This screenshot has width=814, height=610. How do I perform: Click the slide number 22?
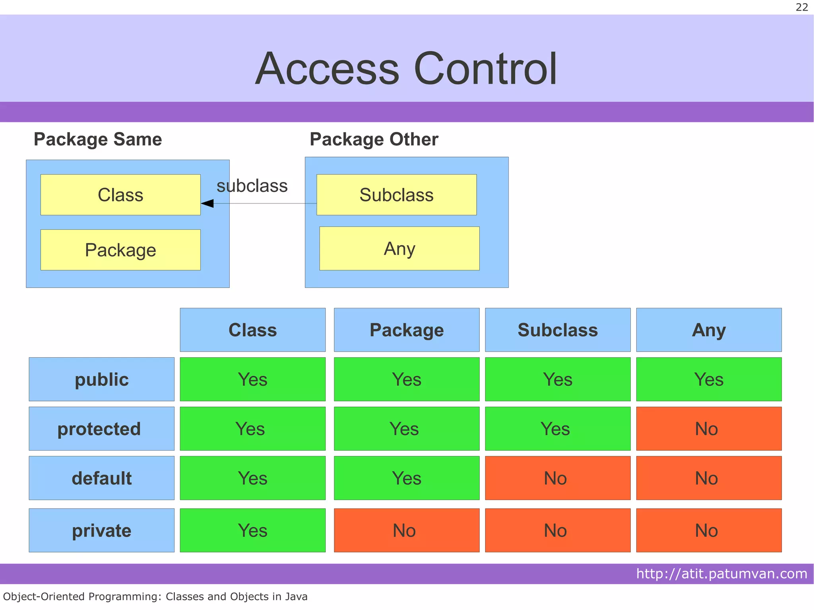(x=802, y=7)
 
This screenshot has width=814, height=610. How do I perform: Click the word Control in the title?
(x=485, y=69)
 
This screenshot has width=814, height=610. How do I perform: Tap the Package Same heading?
(x=98, y=139)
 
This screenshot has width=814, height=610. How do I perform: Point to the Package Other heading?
(x=374, y=139)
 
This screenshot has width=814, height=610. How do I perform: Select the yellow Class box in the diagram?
(x=120, y=195)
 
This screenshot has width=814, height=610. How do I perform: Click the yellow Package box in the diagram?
(x=120, y=250)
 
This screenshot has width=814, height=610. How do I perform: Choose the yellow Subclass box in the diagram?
(x=396, y=195)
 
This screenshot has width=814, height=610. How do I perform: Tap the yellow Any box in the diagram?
(x=399, y=249)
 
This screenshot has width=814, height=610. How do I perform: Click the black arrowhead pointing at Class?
(x=207, y=203)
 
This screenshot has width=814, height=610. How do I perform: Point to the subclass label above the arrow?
(x=252, y=186)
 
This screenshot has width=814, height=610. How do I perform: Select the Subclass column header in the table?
(x=558, y=330)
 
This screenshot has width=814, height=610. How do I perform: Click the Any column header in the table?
(x=709, y=330)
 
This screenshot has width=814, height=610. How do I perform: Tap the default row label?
(x=101, y=478)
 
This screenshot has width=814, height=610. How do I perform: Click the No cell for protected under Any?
(x=709, y=429)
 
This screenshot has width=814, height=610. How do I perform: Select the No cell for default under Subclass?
(x=558, y=478)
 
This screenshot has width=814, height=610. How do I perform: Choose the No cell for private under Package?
(x=407, y=531)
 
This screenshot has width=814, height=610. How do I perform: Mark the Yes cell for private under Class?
(x=252, y=531)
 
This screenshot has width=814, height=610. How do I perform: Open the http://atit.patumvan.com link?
(x=721, y=574)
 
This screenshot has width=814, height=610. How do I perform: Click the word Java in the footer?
(x=296, y=596)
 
